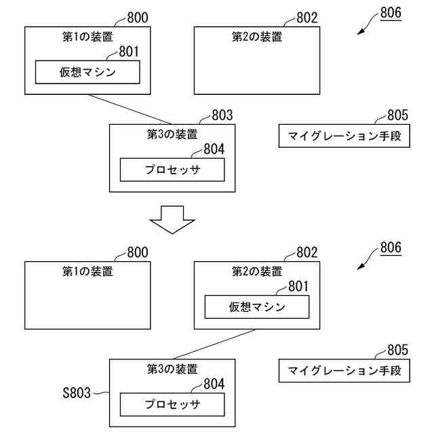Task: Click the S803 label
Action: [x=77, y=393]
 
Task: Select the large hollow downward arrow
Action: [x=172, y=220]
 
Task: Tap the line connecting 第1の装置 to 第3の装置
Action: [x=130, y=109]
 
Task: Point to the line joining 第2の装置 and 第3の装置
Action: [x=215, y=344]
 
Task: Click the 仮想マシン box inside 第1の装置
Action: [x=87, y=73]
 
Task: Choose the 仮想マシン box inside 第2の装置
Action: [x=257, y=307]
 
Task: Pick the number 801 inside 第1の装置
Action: [x=129, y=52]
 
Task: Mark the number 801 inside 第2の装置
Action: [x=298, y=286]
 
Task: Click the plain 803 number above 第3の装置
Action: [x=222, y=115]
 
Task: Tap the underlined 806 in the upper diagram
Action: [x=391, y=13]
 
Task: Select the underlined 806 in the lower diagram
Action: [x=391, y=248]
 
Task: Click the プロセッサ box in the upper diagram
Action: [x=172, y=170]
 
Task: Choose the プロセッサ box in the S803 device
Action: [x=172, y=404]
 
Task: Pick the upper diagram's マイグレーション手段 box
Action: [x=344, y=136]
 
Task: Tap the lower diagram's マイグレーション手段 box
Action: [x=344, y=371]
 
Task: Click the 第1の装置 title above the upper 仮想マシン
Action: [x=87, y=37]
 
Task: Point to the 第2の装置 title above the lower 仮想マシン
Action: [x=257, y=271]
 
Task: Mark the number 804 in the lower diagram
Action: [x=214, y=384]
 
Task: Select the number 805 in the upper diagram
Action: [x=398, y=115]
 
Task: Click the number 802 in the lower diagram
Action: [x=307, y=252]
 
